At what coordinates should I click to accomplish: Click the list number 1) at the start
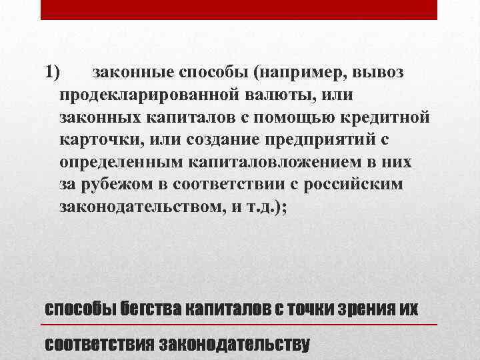53,71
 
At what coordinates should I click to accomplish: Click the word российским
351,185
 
